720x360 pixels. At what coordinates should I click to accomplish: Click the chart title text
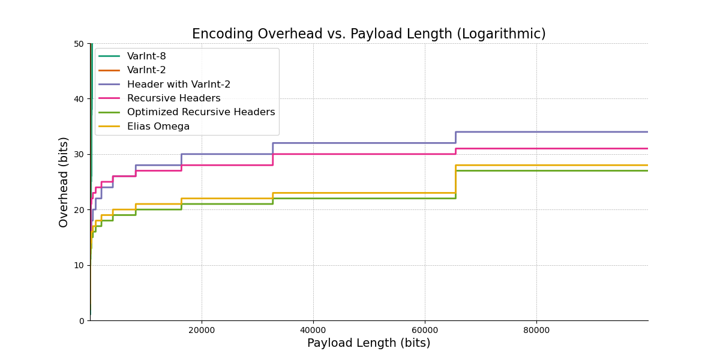pyautogui.click(x=368, y=34)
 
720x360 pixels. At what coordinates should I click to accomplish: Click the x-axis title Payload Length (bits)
pyautogui.click(x=368, y=343)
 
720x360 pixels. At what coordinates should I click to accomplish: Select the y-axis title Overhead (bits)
pyautogui.click(x=64, y=182)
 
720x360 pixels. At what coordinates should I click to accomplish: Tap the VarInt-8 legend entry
pyautogui.click(x=146, y=56)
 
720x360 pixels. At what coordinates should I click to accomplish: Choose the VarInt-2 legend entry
pyautogui.click(x=146, y=70)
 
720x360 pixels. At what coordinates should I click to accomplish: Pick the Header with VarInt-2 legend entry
pyautogui.click(x=179, y=85)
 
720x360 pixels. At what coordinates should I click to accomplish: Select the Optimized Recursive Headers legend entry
pyautogui.click(x=200, y=112)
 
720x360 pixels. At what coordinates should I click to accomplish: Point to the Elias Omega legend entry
pyautogui.click(x=158, y=127)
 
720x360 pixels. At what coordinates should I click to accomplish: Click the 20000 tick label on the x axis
pyautogui.click(x=202, y=330)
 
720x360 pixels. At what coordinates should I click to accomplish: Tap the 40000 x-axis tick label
pyautogui.click(x=313, y=330)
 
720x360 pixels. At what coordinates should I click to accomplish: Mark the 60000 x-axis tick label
pyautogui.click(x=425, y=330)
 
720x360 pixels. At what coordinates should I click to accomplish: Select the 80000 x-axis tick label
pyautogui.click(x=536, y=330)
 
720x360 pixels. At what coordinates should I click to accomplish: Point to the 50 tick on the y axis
pyautogui.click(x=79, y=44)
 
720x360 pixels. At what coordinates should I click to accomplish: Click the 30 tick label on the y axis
pyautogui.click(x=79, y=155)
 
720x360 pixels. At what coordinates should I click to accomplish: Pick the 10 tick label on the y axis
pyautogui.click(x=79, y=265)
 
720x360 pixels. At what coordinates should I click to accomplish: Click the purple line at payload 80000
pyautogui.click(x=536, y=132)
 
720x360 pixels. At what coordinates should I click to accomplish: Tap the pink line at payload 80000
pyautogui.click(x=536, y=148)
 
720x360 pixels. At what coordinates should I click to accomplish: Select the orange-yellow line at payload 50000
pyautogui.click(x=369, y=193)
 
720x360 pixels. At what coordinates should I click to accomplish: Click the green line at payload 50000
pyautogui.click(x=369, y=199)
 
